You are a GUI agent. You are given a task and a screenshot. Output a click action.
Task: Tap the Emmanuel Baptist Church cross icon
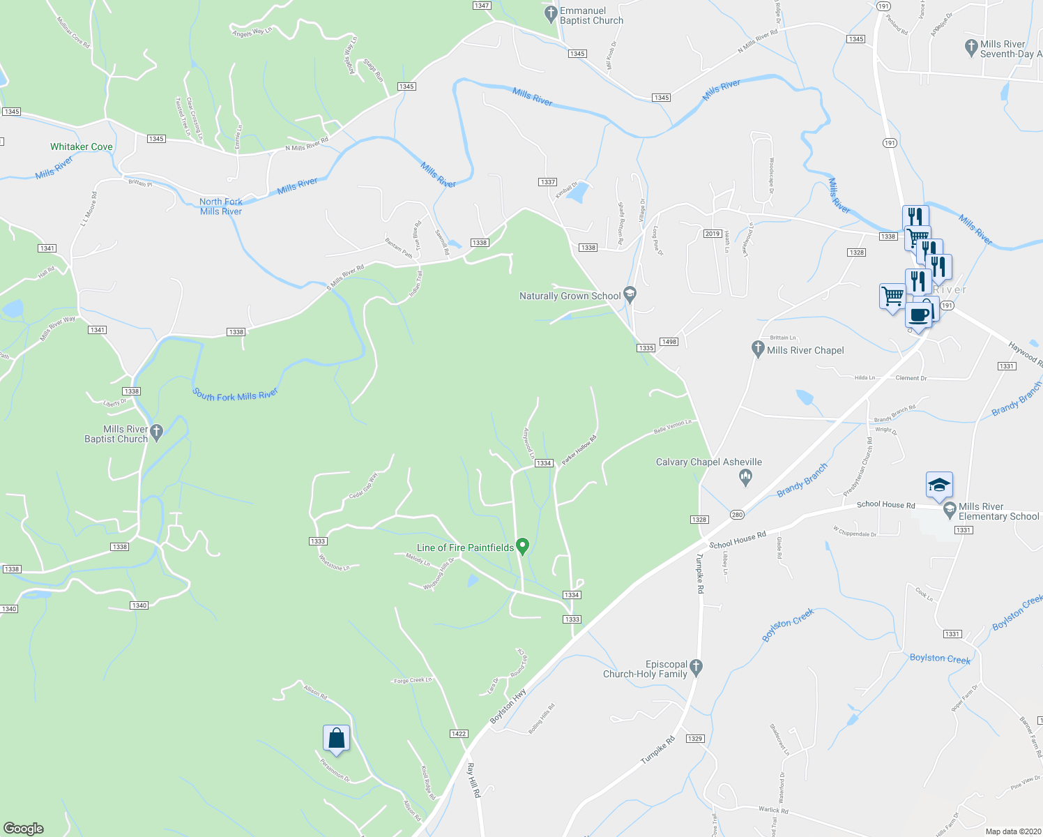click(551, 13)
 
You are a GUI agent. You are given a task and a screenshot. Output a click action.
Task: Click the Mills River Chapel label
click(805, 350)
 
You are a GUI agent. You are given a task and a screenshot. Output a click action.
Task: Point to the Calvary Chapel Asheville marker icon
click(745, 477)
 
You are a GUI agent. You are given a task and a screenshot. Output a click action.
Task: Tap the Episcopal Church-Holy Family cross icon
click(696, 667)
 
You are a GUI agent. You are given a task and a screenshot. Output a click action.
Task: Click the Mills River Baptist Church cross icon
click(157, 432)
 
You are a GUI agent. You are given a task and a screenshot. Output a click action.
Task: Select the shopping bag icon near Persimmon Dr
click(336, 738)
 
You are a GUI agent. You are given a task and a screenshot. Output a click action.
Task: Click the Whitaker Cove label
click(82, 146)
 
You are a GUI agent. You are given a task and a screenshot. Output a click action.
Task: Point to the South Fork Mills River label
click(236, 395)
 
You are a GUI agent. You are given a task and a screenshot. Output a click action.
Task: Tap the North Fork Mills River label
click(221, 206)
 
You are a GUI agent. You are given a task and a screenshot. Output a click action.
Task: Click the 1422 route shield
click(459, 733)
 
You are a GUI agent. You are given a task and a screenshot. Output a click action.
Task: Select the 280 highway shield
click(737, 515)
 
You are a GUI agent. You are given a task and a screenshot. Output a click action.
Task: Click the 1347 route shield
click(482, 5)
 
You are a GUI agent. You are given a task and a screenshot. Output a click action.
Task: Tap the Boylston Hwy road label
click(508, 707)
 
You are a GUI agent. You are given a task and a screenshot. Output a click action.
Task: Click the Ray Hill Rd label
click(474, 780)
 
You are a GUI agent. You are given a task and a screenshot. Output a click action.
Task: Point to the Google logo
click(24, 829)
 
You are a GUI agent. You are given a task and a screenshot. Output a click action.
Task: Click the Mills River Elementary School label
click(998, 511)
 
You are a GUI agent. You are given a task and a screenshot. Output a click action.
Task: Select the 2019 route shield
click(712, 234)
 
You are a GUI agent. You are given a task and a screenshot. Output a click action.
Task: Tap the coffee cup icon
click(920, 314)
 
